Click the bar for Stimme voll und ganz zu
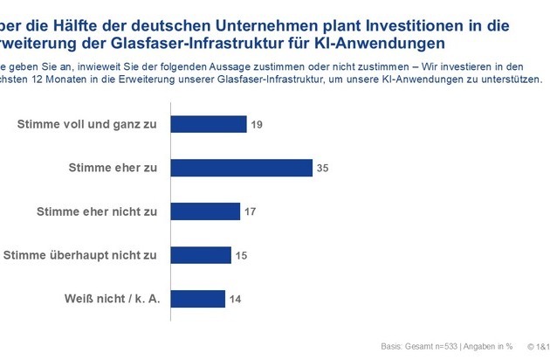click(208, 124)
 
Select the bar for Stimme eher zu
click(240, 168)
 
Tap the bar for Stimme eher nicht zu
click(204, 211)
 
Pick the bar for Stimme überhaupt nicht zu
click(200, 255)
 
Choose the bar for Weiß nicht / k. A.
click(198, 298)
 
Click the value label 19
click(258, 124)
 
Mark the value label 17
click(251, 211)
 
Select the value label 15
click(243, 255)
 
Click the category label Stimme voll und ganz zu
click(87, 124)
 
